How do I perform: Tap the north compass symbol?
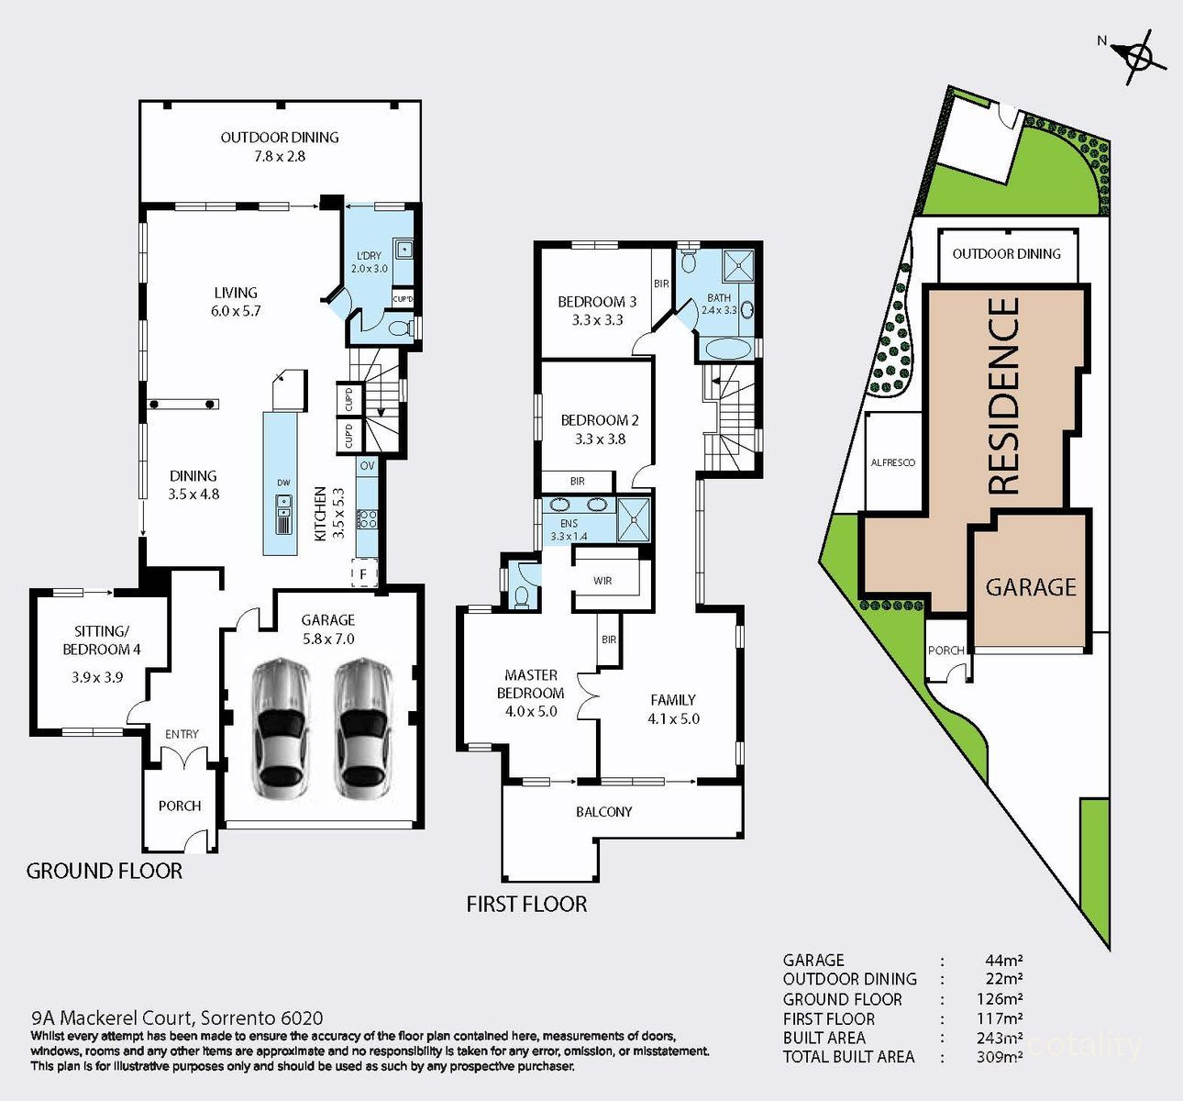point(1138,56)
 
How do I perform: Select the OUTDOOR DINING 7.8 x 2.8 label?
point(280,147)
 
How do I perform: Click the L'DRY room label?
point(369,262)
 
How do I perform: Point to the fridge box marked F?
point(364,574)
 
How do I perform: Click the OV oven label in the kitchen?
point(367,466)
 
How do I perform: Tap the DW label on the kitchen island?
point(283,483)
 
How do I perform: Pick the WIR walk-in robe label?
point(603,581)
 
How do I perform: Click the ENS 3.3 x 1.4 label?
point(569,529)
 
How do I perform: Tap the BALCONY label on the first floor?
point(603,812)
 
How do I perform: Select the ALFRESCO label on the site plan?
point(892,463)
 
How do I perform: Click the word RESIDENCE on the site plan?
point(1005,395)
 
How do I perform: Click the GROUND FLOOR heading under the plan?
point(105,872)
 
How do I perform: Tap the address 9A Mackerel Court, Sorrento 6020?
point(177,1018)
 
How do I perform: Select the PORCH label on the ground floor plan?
point(180,806)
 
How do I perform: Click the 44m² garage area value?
point(1004,961)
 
